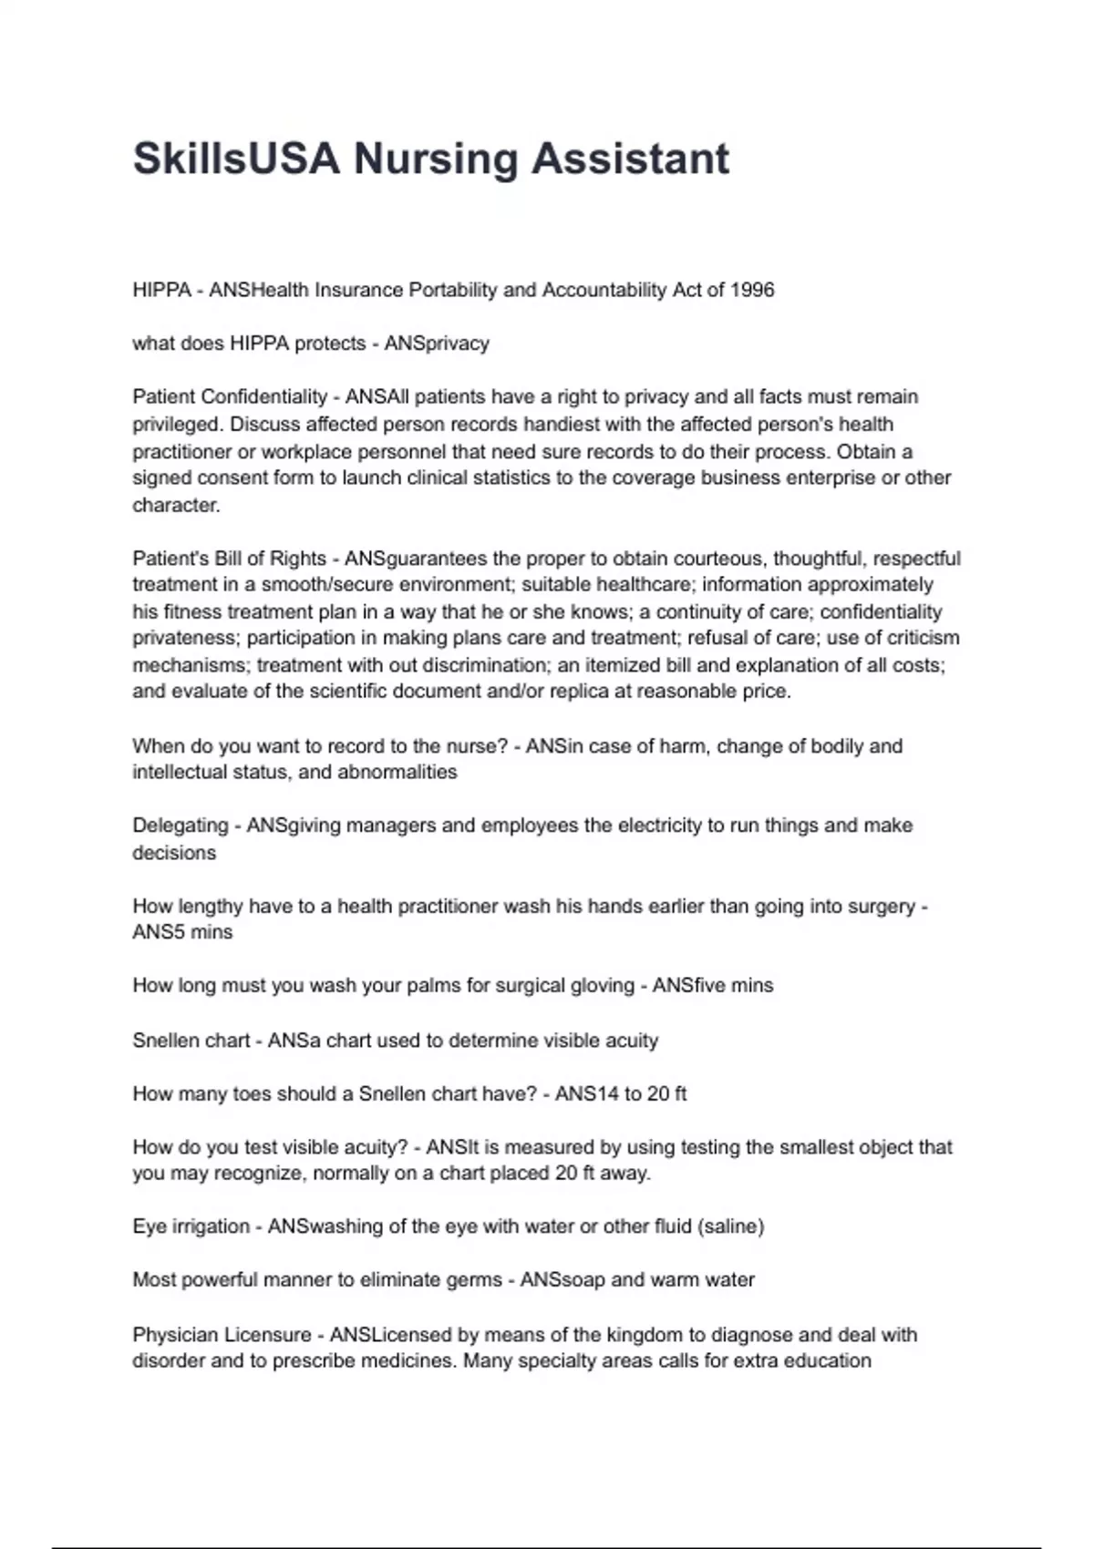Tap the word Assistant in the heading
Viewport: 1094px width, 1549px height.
(x=630, y=159)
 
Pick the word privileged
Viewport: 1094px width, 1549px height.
(x=177, y=425)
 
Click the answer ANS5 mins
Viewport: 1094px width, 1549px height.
(x=182, y=932)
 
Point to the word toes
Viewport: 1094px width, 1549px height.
(x=256, y=1093)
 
